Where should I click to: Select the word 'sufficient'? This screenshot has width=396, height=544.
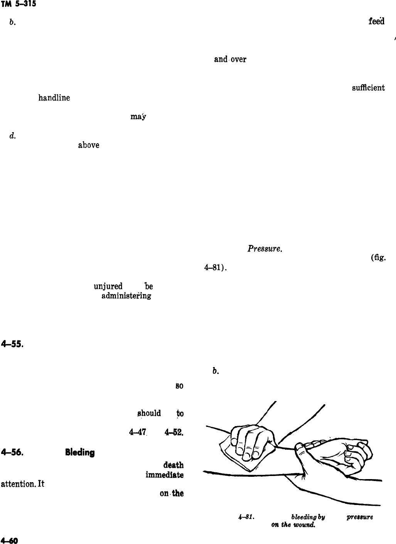tap(367, 88)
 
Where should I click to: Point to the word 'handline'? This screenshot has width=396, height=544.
tap(54, 98)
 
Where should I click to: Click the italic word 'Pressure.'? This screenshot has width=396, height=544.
tap(265, 249)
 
